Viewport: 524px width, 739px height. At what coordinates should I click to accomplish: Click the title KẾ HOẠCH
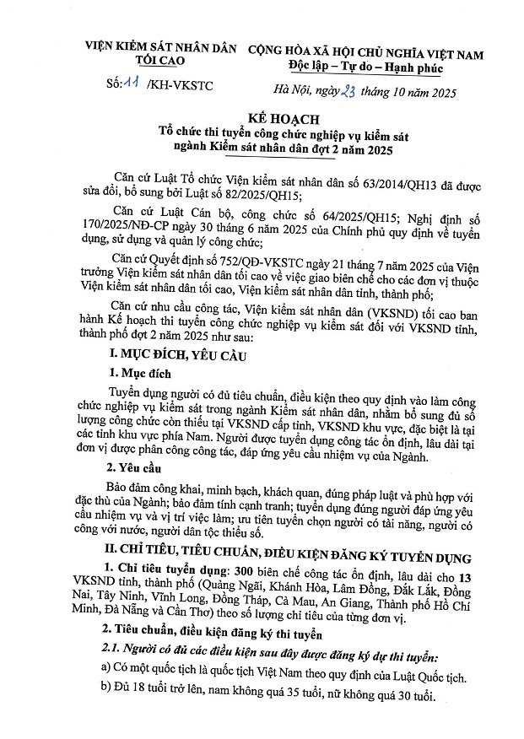tap(261, 121)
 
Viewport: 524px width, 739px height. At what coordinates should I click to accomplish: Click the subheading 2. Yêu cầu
tap(138, 467)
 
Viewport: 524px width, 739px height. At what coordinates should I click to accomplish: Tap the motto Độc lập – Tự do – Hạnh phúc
tap(364, 67)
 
